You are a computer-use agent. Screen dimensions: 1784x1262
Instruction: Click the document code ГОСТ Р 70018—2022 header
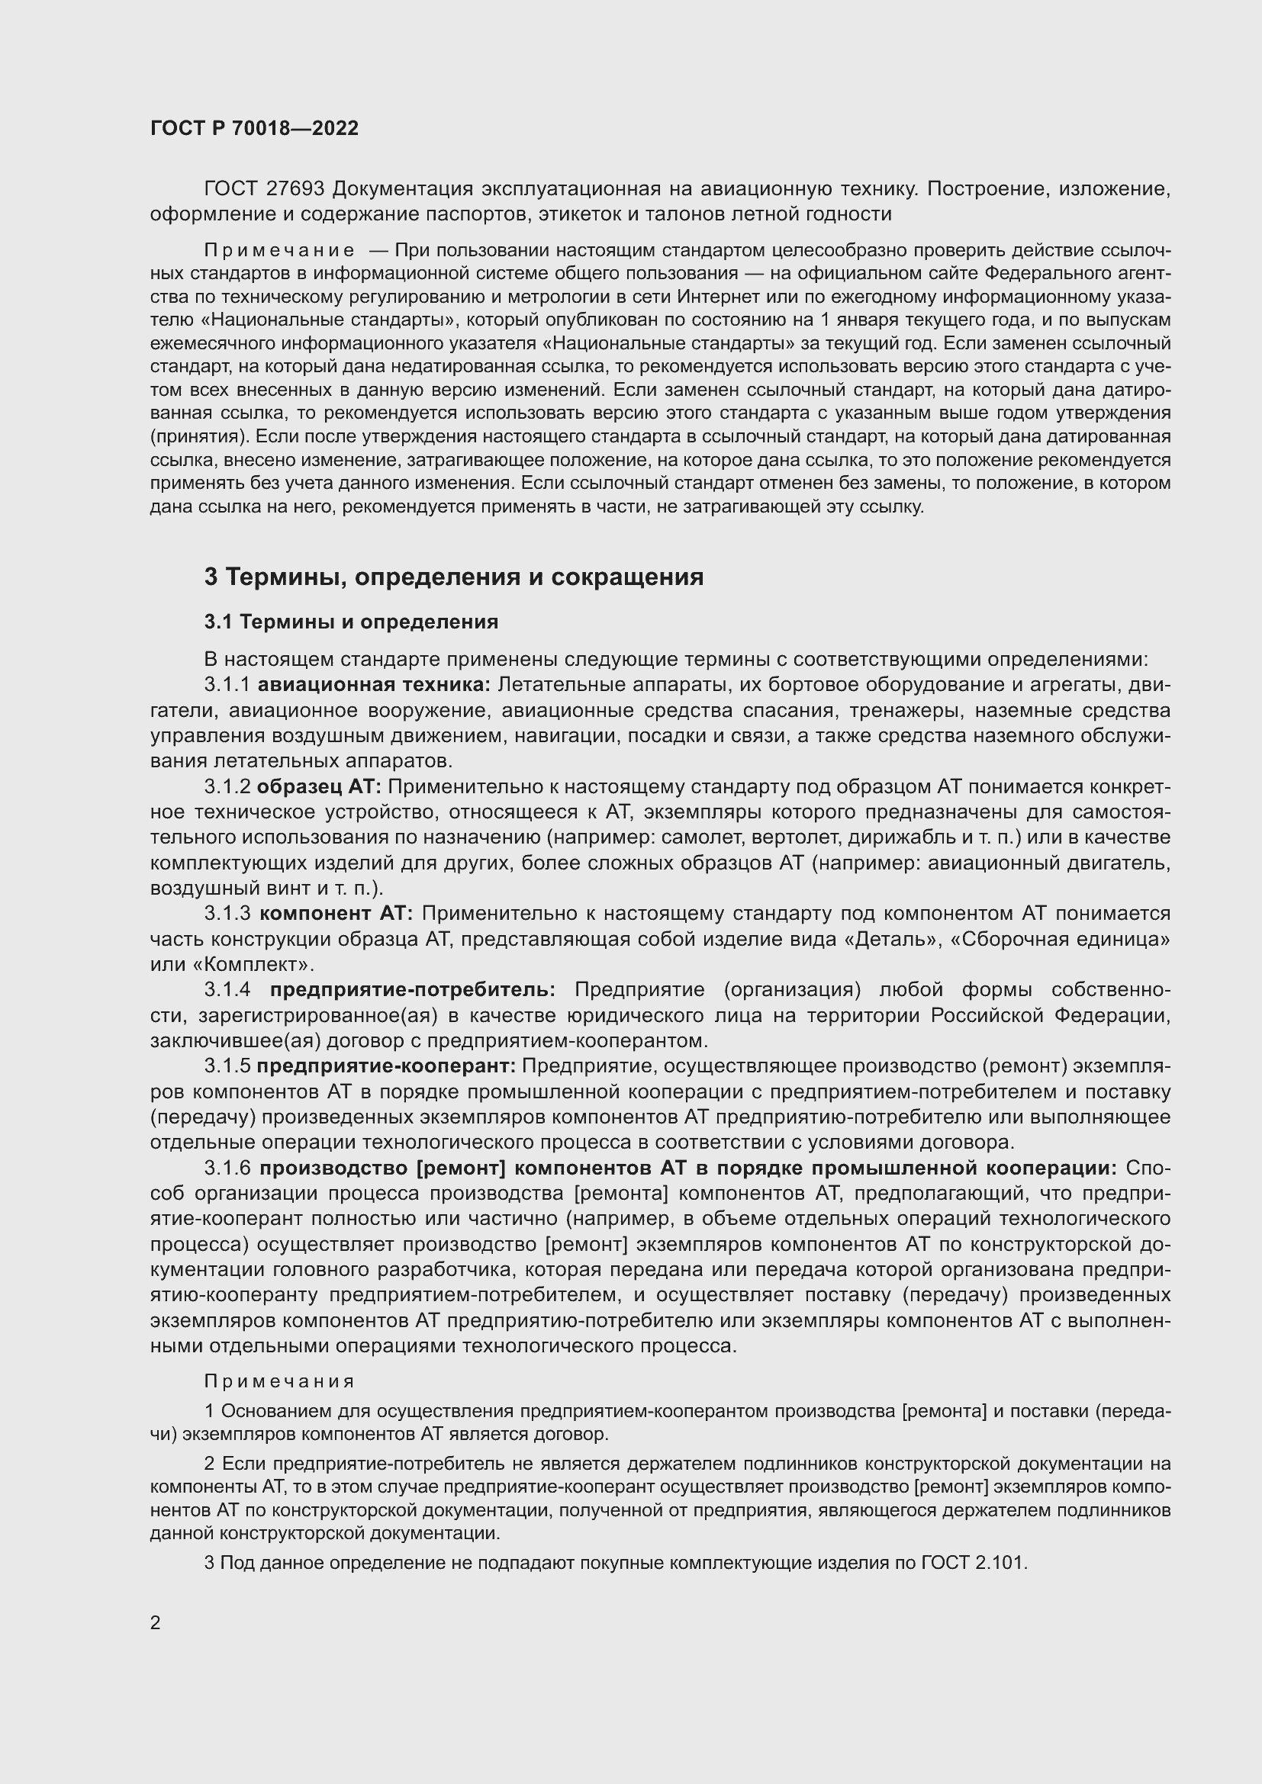(x=254, y=128)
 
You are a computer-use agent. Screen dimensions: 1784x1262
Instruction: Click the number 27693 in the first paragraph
(x=299, y=189)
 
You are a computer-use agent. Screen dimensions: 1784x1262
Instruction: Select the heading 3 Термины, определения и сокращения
(x=454, y=577)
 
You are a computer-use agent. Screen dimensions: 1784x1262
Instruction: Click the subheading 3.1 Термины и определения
(x=351, y=622)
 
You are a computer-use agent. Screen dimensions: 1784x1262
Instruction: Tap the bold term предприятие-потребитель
(x=413, y=989)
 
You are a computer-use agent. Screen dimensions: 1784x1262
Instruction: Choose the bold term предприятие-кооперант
(x=386, y=1066)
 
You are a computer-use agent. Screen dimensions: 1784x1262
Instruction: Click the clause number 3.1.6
(x=227, y=1168)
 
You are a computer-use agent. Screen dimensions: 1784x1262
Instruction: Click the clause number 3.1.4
(x=227, y=989)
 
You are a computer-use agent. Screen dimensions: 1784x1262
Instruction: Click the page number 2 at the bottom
(x=156, y=1622)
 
